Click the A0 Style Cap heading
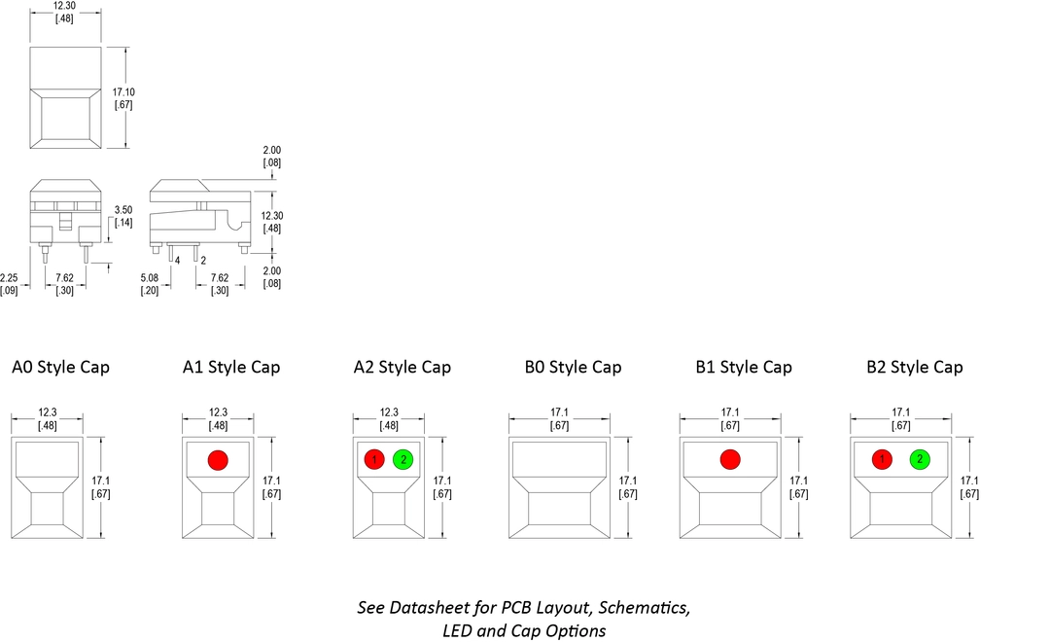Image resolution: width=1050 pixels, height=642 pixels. (60, 368)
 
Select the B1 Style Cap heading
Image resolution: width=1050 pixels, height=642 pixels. (744, 368)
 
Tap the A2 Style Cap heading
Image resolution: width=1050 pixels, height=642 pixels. (402, 368)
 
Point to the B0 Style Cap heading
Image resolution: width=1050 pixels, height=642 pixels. (573, 368)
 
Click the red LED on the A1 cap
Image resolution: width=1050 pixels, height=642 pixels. (218, 459)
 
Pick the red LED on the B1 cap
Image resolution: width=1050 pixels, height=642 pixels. (729, 459)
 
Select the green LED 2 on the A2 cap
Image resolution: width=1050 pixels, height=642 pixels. (402, 459)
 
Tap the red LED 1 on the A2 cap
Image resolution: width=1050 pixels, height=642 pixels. (374, 459)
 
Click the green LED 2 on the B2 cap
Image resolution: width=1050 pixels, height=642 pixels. (919, 459)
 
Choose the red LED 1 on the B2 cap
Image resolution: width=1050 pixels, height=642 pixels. (882, 459)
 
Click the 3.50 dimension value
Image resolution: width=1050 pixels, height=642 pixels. (123, 210)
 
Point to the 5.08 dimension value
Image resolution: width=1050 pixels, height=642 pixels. (150, 277)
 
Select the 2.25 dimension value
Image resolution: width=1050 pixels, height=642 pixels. (9, 277)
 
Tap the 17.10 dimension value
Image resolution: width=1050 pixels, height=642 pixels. (123, 92)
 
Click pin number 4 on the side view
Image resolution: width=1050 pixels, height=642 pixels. (177, 260)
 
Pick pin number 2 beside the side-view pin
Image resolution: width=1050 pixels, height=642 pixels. (202, 260)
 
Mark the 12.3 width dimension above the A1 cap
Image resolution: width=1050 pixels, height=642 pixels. (218, 412)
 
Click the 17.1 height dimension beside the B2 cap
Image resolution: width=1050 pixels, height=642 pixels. (968, 481)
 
